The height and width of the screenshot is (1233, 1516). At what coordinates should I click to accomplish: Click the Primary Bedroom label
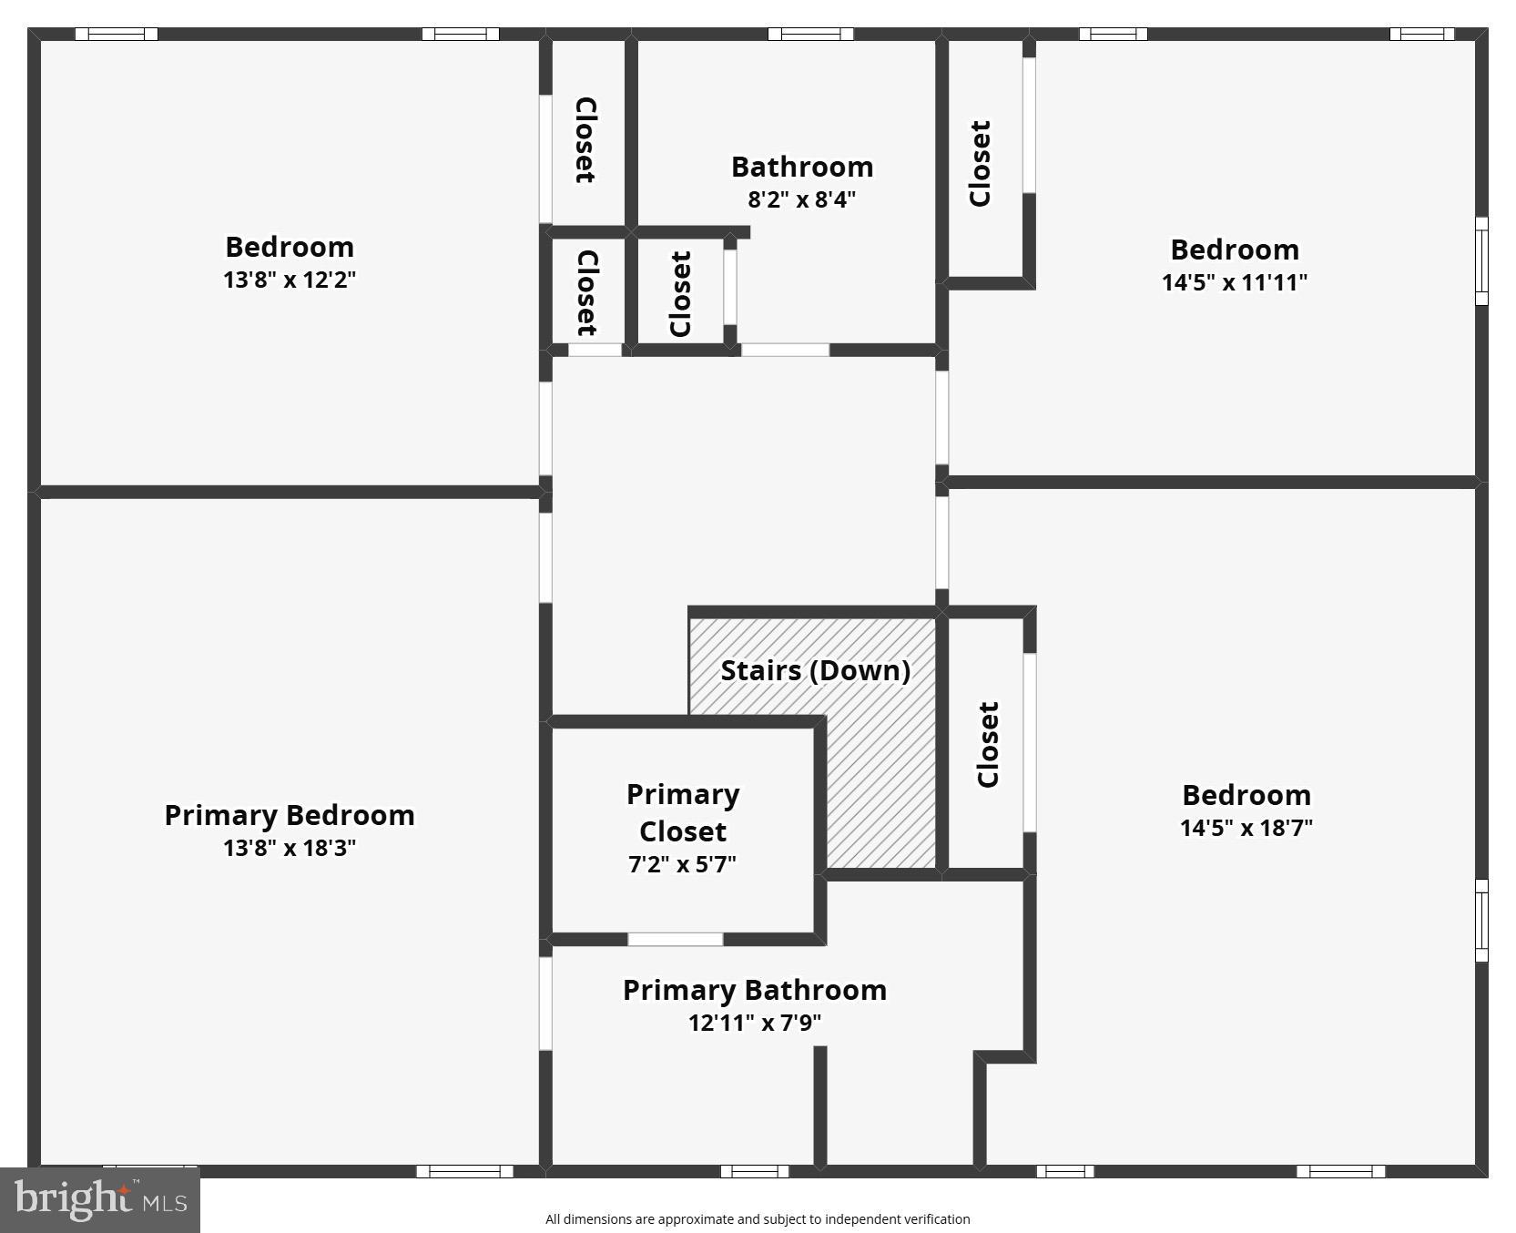(289, 815)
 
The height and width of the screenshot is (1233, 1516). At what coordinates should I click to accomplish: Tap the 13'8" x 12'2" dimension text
(289, 280)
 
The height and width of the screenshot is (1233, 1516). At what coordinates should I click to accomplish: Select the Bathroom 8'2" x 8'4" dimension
(801, 199)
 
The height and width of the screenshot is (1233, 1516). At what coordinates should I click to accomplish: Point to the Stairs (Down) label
(815, 670)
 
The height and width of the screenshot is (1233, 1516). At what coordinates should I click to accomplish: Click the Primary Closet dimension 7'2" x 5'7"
(682, 863)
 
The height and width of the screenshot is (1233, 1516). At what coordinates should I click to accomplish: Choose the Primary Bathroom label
(754, 990)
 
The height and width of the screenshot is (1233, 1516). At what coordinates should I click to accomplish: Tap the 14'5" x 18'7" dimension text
(1246, 828)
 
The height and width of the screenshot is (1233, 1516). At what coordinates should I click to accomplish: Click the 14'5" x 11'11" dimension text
(1234, 282)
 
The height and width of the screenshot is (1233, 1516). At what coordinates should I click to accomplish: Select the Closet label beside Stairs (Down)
(988, 744)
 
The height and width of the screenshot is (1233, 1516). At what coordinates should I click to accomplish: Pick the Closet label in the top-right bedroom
(980, 164)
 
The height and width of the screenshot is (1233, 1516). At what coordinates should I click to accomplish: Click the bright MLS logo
(100, 1199)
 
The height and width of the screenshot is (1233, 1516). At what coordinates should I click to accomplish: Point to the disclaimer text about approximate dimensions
(758, 1219)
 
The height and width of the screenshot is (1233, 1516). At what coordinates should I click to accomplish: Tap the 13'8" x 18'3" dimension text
(289, 848)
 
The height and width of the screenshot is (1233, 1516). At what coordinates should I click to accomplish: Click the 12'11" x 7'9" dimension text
(754, 1023)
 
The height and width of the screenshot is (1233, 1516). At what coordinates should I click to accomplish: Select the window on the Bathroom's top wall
(809, 35)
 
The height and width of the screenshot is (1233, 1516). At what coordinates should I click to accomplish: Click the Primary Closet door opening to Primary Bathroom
(675, 939)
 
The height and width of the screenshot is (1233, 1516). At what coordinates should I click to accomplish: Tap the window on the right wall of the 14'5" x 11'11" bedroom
(1481, 260)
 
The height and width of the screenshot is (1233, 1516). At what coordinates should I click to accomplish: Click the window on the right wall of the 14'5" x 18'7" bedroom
(1481, 920)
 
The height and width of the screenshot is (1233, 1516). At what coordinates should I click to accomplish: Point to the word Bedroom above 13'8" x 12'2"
(289, 247)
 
